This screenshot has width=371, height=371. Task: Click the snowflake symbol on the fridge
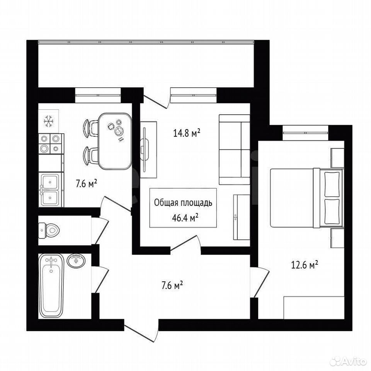(49, 121)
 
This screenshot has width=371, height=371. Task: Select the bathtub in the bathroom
(51, 286)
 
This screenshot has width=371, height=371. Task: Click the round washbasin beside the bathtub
(76, 261)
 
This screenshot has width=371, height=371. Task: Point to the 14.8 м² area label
(187, 133)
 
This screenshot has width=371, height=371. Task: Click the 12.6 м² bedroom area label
(304, 265)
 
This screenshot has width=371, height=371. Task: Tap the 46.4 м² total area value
(185, 218)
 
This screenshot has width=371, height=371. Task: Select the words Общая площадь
(183, 203)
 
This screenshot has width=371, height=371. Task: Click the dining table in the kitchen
(115, 141)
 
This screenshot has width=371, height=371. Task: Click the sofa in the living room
(234, 150)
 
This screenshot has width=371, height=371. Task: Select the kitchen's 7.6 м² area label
(86, 184)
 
